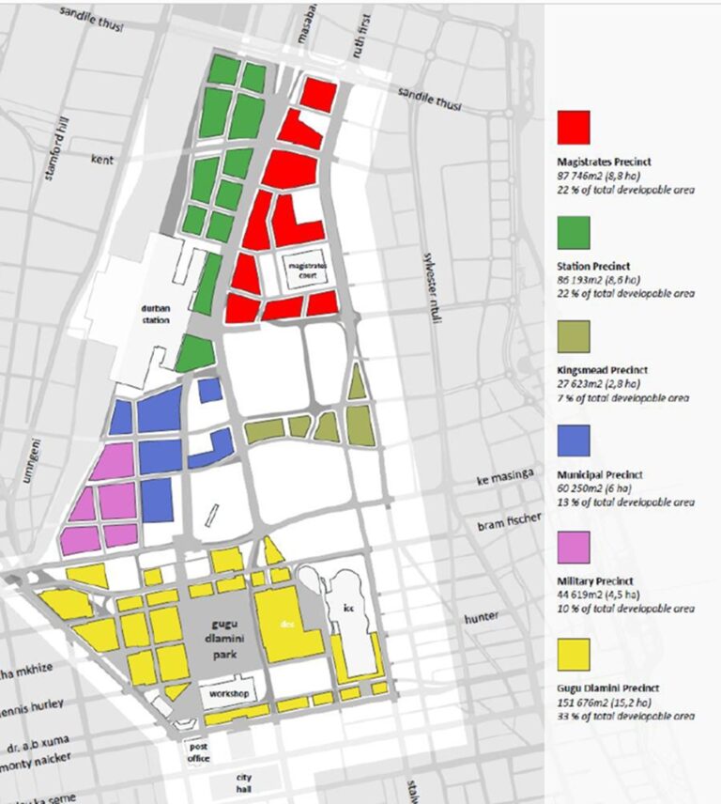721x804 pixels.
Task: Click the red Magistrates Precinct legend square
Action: tap(574, 127)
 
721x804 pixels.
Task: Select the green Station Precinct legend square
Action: tap(574, 232)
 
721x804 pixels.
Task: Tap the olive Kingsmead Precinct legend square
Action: tap(574, 336)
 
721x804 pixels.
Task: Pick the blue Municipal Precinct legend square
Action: tap(574, 441)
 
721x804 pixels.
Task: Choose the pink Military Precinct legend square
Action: tap(574, 547)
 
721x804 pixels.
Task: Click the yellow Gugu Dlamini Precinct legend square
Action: tap(574, 655)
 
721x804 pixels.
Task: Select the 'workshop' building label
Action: tap(228, 694)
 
